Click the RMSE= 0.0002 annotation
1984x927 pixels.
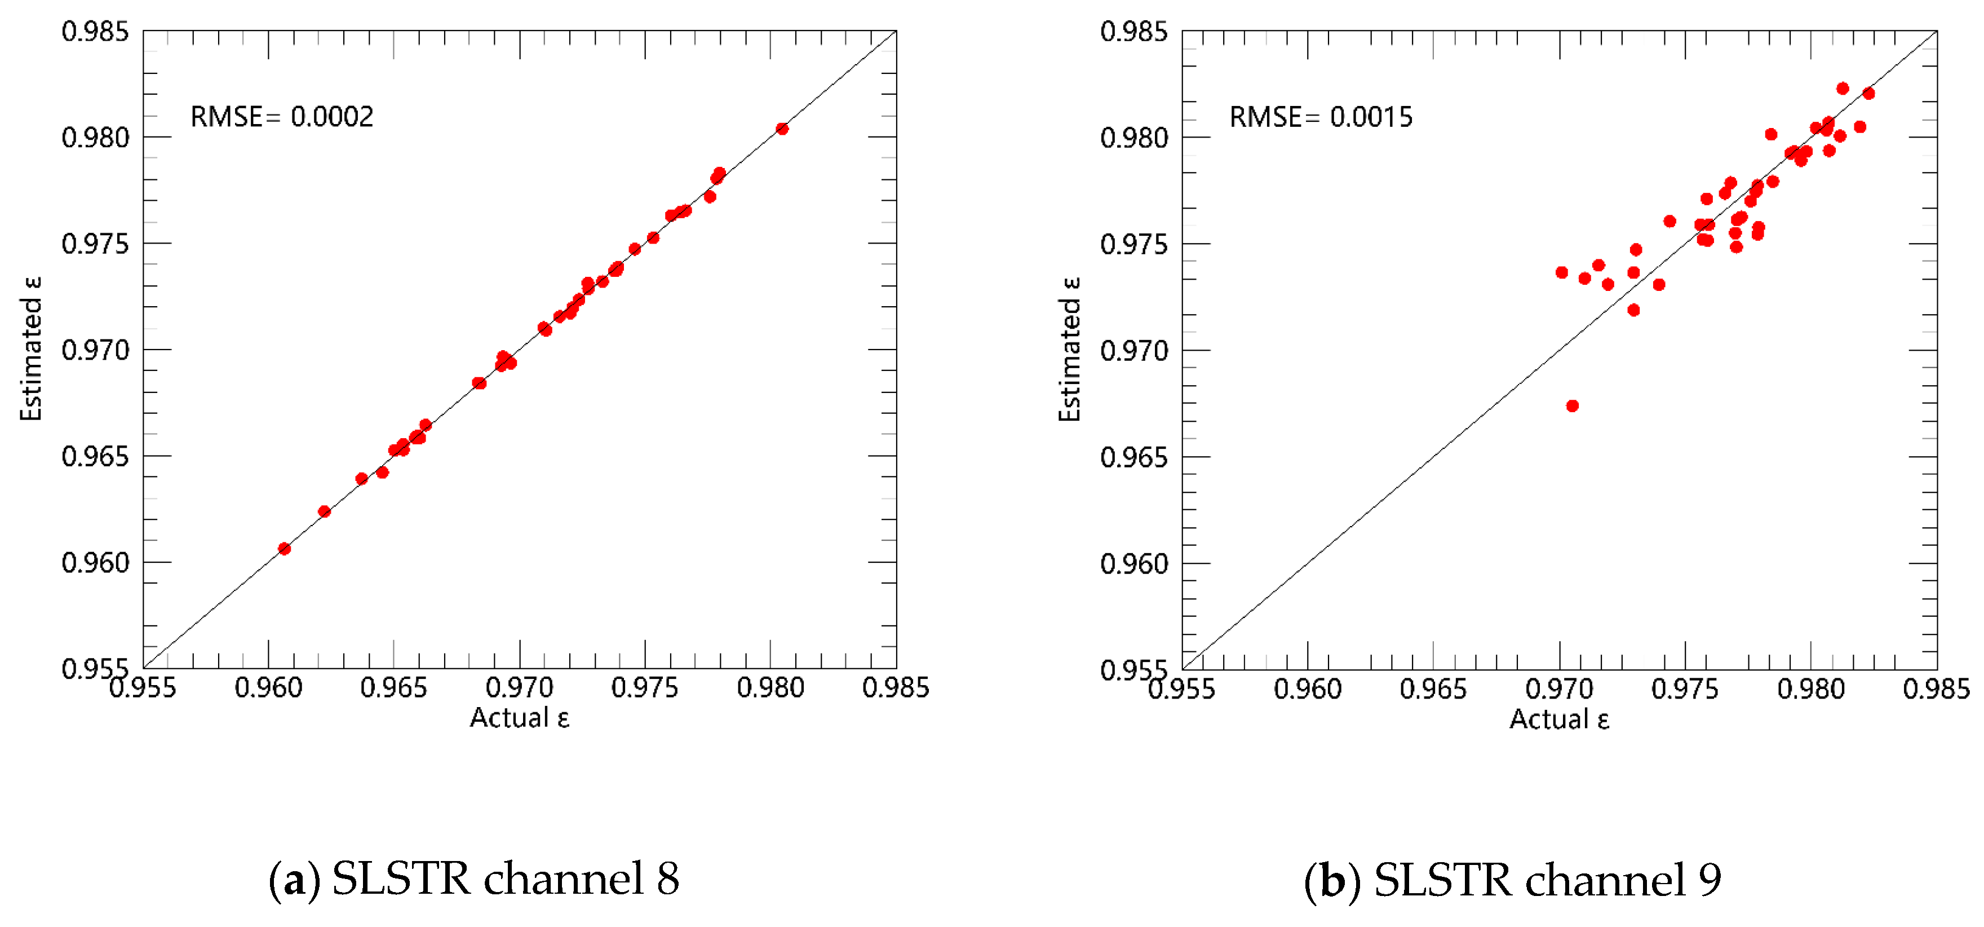pos(282,117)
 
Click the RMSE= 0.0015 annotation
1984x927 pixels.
pos(1320,117)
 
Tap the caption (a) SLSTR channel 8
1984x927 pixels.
pos(473,879)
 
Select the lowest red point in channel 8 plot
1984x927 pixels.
pos(284,549)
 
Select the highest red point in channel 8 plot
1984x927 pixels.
pos(782,129)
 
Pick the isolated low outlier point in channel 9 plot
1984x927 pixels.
pos(1572,406)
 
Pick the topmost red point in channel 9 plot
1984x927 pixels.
pos(1843,89)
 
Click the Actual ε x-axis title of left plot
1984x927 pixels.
pos(520,718)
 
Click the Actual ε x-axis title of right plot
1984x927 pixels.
pos(1559,719)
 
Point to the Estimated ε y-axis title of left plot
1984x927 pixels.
pos(32,348)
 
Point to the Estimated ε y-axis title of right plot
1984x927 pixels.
pos(1070,349)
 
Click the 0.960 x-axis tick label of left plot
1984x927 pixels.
pos(268,688)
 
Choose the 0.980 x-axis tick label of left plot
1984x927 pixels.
pos(770,688)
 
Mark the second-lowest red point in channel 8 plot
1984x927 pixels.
pos(324,511)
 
